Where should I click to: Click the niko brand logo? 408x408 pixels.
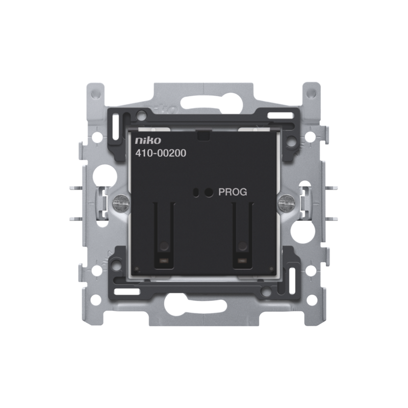click(148, 141)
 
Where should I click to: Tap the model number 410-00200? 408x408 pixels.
click(161, 154)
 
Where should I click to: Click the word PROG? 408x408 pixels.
click(233, 192)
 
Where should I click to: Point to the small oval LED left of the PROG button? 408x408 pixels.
click(195, 192)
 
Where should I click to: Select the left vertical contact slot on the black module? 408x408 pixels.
click(164, 235)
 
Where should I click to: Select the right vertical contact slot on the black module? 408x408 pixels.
click(243, 235)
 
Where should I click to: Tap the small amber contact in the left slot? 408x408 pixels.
click(164, 260)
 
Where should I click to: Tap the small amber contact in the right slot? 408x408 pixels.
click(243, 260)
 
